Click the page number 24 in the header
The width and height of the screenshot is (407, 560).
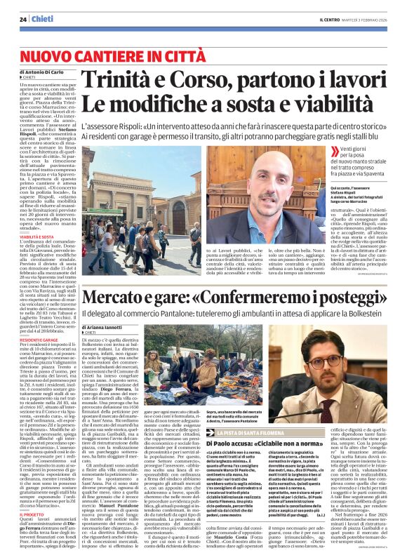click(x=22, y=19)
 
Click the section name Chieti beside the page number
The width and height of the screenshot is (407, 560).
click(x=44, y=19)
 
